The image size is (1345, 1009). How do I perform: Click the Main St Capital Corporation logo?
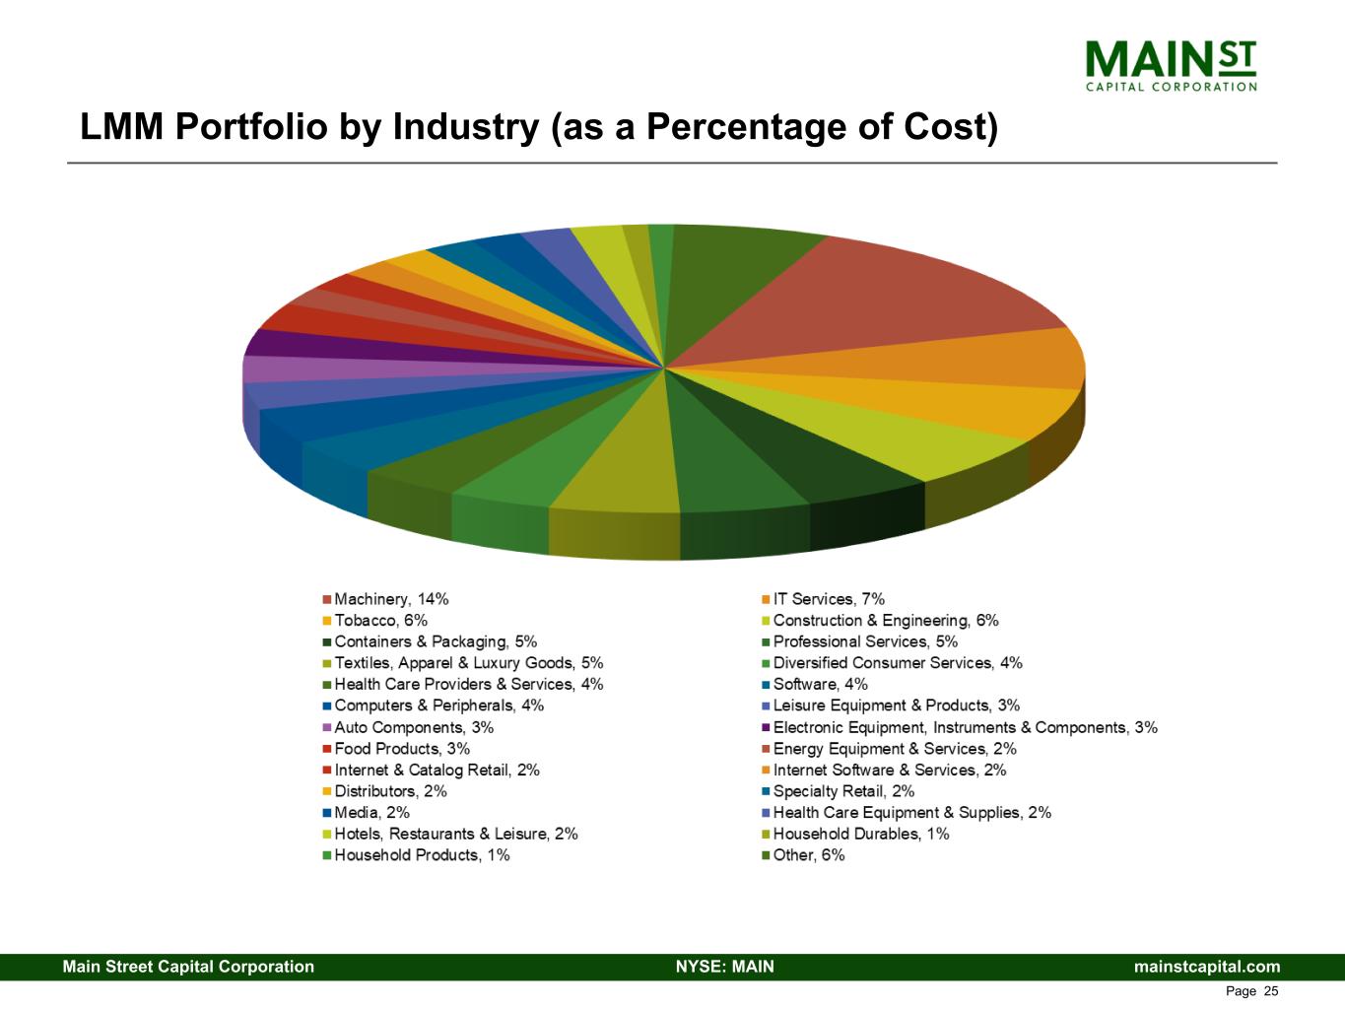point(1171,65)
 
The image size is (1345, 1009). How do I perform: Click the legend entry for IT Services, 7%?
point(829,599)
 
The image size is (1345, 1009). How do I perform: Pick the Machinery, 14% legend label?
point(391,599)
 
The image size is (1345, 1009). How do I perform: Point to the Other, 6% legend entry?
point(808,855)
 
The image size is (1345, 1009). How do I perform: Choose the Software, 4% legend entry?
point(820,684)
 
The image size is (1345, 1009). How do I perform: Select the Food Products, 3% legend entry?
point(401,749)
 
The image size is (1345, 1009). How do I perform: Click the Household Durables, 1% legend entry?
point(860,834)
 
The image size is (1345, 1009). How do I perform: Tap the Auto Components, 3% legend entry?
point(413,727)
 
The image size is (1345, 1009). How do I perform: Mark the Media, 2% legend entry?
point(371,813)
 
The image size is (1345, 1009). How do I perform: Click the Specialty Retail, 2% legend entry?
point(843,791)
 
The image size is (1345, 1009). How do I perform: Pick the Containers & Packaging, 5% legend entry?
point(435,641)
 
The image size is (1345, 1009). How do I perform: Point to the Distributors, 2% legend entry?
point(390,791)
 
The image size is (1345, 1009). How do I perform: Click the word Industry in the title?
point(460,127)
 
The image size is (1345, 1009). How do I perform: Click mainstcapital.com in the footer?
point(1207,967)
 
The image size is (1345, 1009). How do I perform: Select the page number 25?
point(1270,991)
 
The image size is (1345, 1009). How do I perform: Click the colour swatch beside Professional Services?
point(766,642)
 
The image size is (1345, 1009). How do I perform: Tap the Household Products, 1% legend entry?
point(422,855)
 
